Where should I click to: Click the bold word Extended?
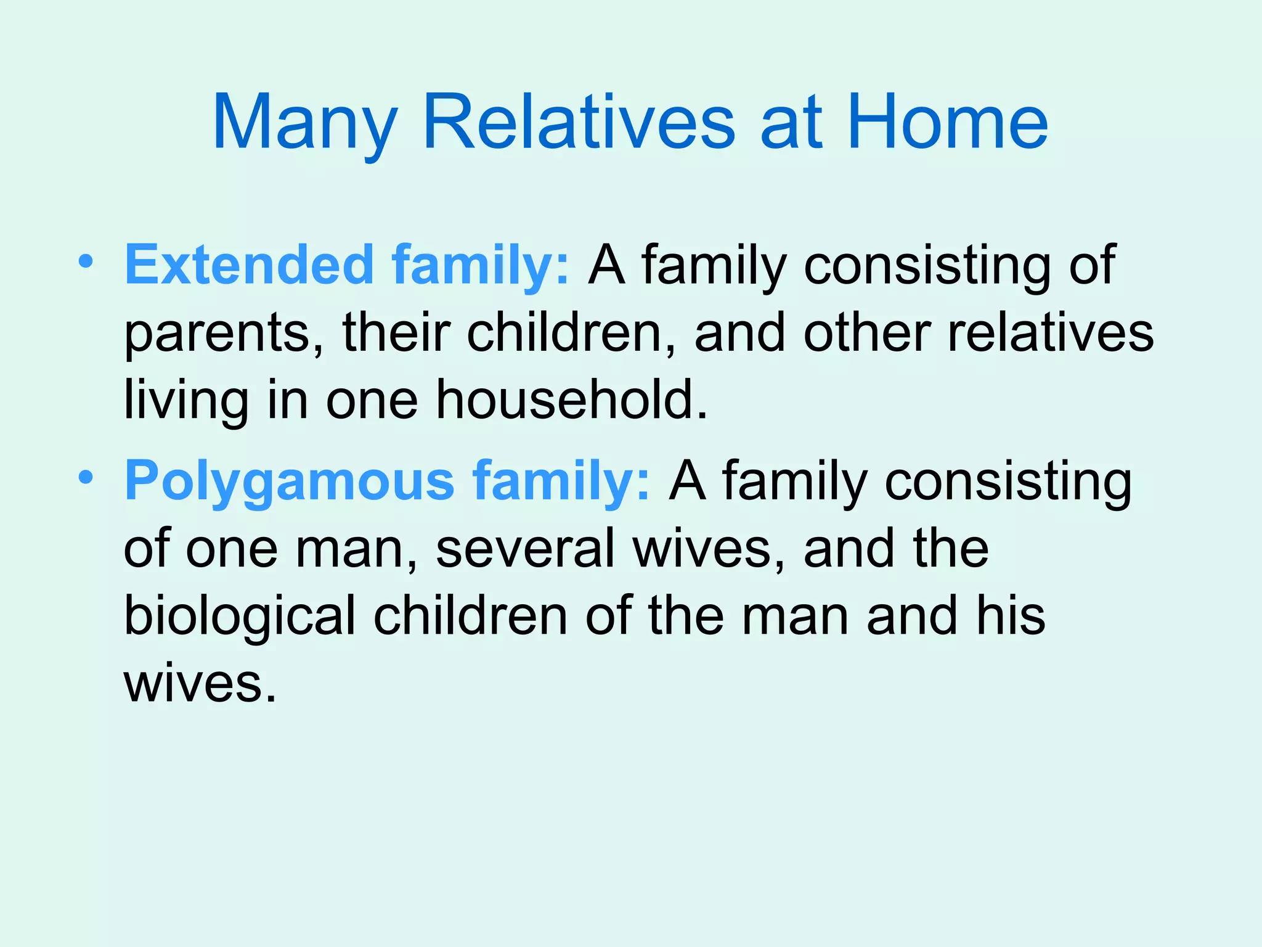(x=249, y=264)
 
